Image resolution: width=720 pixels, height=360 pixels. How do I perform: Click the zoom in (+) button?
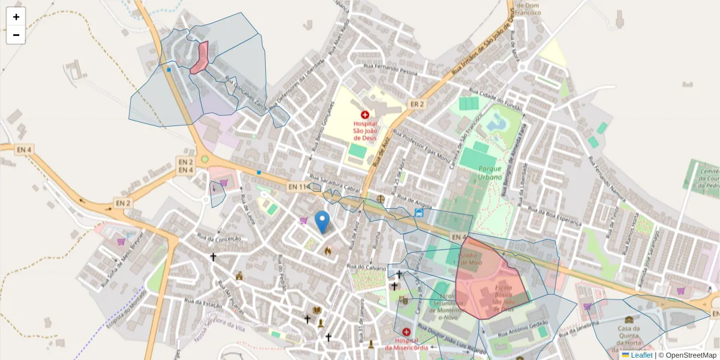click(16, 17)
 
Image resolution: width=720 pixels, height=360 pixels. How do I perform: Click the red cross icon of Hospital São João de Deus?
click(364, 114)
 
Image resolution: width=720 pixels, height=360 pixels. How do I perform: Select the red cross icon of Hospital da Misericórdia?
click(407, 332)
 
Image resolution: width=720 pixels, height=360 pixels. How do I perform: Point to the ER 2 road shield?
click(417, 104)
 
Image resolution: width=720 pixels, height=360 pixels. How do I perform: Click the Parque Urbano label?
click(490, 173)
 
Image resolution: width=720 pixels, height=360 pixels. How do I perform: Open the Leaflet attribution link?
click(641, 355)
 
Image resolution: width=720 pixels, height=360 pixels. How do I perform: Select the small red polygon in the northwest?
click(200, 58)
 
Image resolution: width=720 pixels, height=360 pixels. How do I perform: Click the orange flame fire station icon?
click(328, 251)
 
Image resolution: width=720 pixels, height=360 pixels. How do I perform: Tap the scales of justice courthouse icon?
click(380, 197)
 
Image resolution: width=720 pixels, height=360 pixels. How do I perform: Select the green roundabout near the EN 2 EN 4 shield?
click(205, 159)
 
